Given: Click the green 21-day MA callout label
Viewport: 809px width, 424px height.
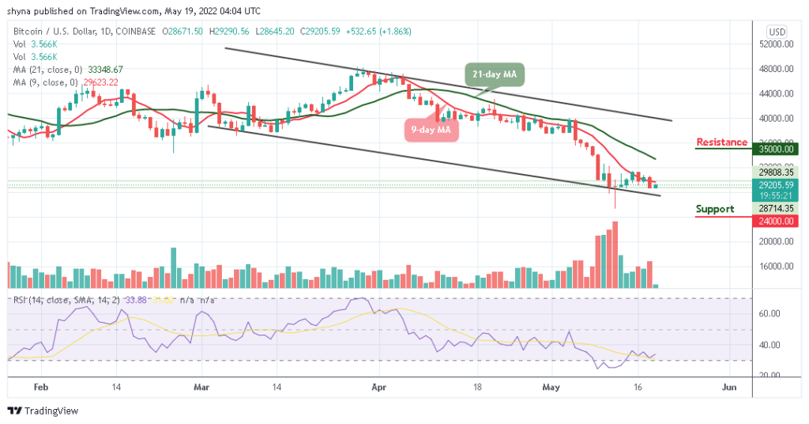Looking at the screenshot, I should point(494,74).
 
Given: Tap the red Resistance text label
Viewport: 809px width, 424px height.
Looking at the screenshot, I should point(721,142).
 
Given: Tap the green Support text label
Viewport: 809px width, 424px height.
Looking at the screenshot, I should point(714,210).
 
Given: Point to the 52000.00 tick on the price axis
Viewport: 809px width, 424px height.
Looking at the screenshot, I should point(776,45).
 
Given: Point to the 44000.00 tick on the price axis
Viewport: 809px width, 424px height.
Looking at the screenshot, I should point(776,93).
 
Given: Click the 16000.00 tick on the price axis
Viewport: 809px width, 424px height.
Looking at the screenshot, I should point(776,267).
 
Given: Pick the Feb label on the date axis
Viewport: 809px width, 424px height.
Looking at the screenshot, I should point(41,388).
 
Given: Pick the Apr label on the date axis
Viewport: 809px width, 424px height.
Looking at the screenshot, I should point(379,388).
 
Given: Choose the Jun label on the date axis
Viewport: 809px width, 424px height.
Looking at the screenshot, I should point(729,388).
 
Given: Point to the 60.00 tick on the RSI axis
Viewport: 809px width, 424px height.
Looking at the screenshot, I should point(776,313).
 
